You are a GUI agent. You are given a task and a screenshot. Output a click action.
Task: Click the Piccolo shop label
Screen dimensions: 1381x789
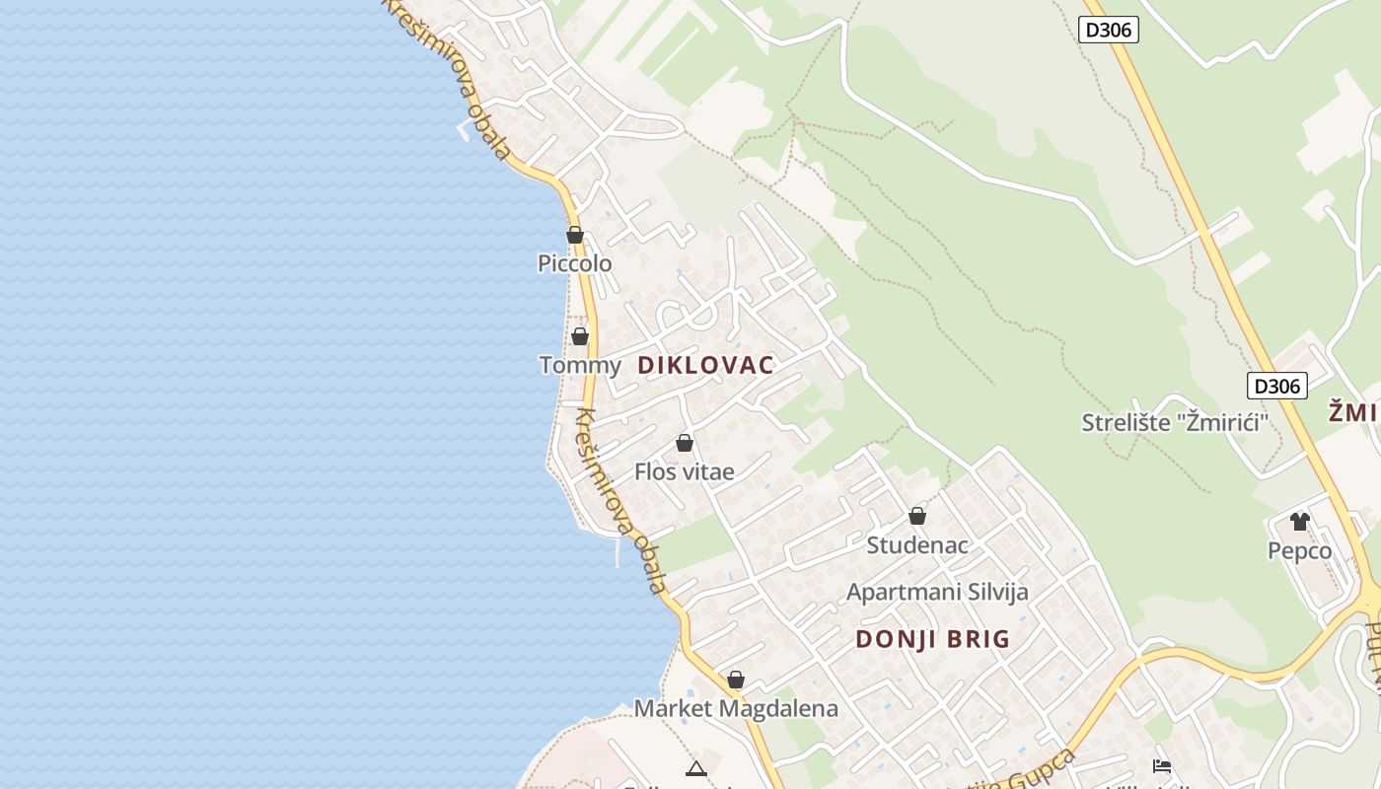pyautogui.click(x=574, y=263)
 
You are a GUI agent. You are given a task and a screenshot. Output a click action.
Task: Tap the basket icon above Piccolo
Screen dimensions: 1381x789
pyautogui.click(x=575, y=235)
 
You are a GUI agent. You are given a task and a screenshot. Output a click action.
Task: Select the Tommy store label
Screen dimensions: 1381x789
pyautogui.click(x=580, y=365)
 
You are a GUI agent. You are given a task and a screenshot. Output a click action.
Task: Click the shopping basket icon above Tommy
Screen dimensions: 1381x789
pyautogui.click(x=580, y=336)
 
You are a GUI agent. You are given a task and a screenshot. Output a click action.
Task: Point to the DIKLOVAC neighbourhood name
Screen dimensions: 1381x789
pyautogui.click(x=705, y=365)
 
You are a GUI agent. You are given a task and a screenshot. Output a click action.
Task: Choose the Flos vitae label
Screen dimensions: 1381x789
pyautogui.click(x=685, y=471)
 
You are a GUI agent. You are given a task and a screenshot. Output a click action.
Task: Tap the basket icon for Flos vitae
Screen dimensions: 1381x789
pyautogui.click(x=685, y=443)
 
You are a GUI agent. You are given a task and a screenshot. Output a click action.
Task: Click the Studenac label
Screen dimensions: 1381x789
pyautogui.click(x=917, y=544)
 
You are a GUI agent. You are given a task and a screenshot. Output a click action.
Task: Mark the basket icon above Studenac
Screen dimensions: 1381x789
pyautogui.click(x=917, y=516)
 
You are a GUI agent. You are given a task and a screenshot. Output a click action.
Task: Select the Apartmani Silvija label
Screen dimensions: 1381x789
pyautogui.click(x=937, y=592)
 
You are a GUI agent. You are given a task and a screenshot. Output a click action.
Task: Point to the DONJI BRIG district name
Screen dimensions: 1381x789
pyautogui.click(x=932, y=639)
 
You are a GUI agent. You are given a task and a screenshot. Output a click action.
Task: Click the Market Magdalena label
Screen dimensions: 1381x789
pyautogui.click(x=736, y=708)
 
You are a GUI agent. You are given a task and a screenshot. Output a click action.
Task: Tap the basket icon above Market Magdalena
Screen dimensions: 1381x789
pyautogui.click(x=736, y=680)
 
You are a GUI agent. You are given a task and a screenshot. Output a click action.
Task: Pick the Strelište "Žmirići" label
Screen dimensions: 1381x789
pyautogui.click(x=1174, y=423)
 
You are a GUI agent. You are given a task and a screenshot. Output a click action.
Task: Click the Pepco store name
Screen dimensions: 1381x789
pyautogui.click(x=1299, y=550)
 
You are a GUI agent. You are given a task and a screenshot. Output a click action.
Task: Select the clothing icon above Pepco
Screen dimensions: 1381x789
pyautogui.click(x=1300, y=521)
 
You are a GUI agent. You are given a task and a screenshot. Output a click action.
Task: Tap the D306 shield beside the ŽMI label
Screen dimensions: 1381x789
pyautogui.click(x=1277, y=386)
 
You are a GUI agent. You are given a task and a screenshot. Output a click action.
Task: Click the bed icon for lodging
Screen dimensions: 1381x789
pyautogui.click(x=1162, y=765)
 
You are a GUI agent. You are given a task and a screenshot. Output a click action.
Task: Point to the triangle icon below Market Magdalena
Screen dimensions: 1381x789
pyautogui.click(x=696, y=768)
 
